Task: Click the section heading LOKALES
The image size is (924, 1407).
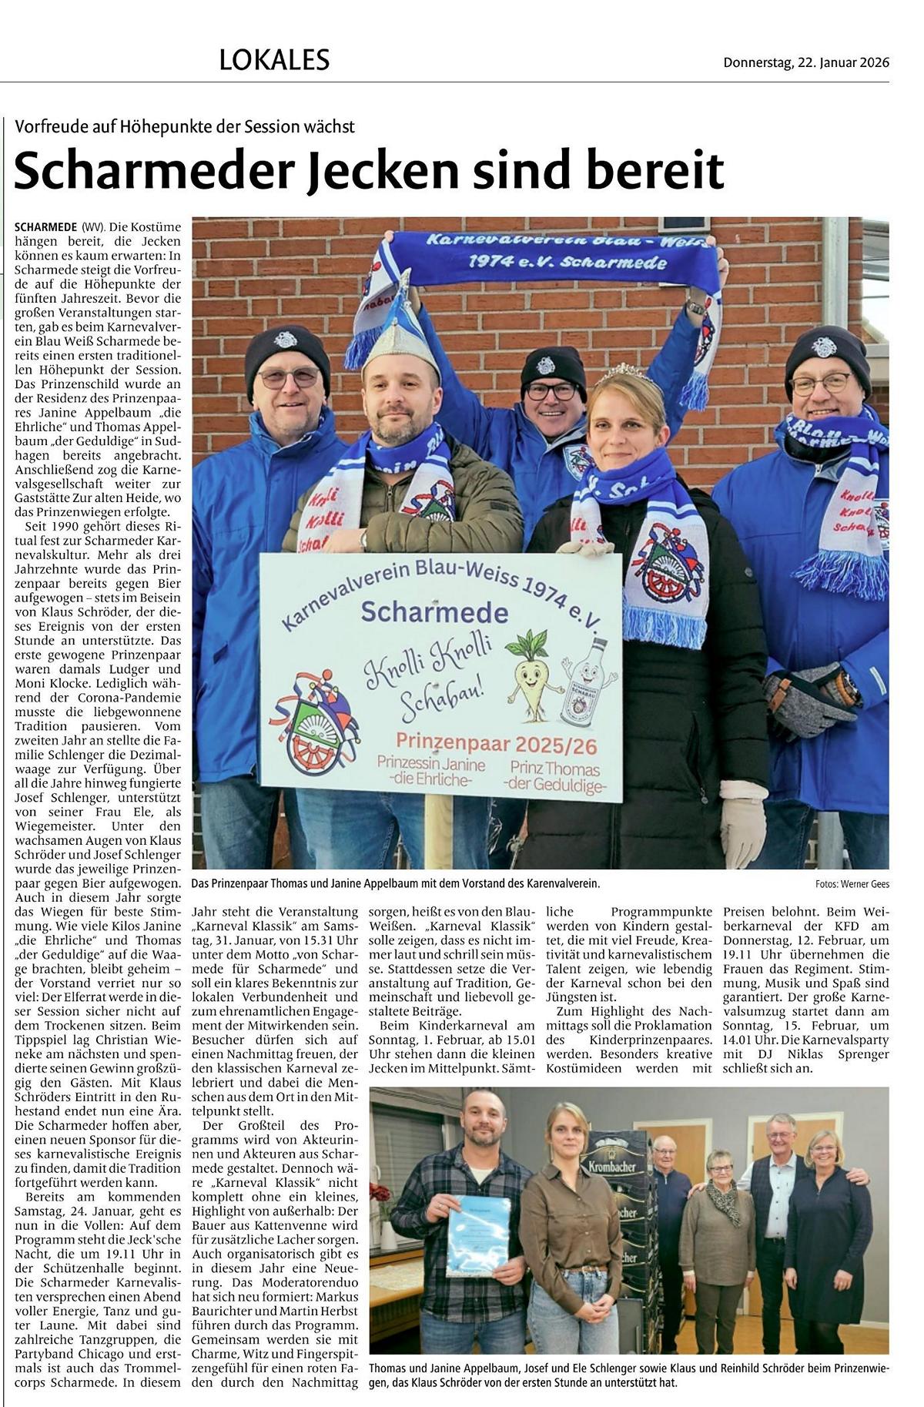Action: [x=274, y=59]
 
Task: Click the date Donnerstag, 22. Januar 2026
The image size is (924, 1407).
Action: [x=805, y=62]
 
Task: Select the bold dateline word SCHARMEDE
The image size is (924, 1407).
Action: [x=45, y=227]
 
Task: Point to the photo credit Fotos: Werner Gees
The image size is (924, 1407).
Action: [x=852, y=884]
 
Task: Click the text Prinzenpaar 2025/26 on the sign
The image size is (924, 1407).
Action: [x=497, y=744]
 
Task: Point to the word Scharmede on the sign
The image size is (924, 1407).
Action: [x=434, y=612]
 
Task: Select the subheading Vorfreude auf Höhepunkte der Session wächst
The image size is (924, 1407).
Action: [x=185, y=127]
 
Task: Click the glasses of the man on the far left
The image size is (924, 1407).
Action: [x=288, y=377]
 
